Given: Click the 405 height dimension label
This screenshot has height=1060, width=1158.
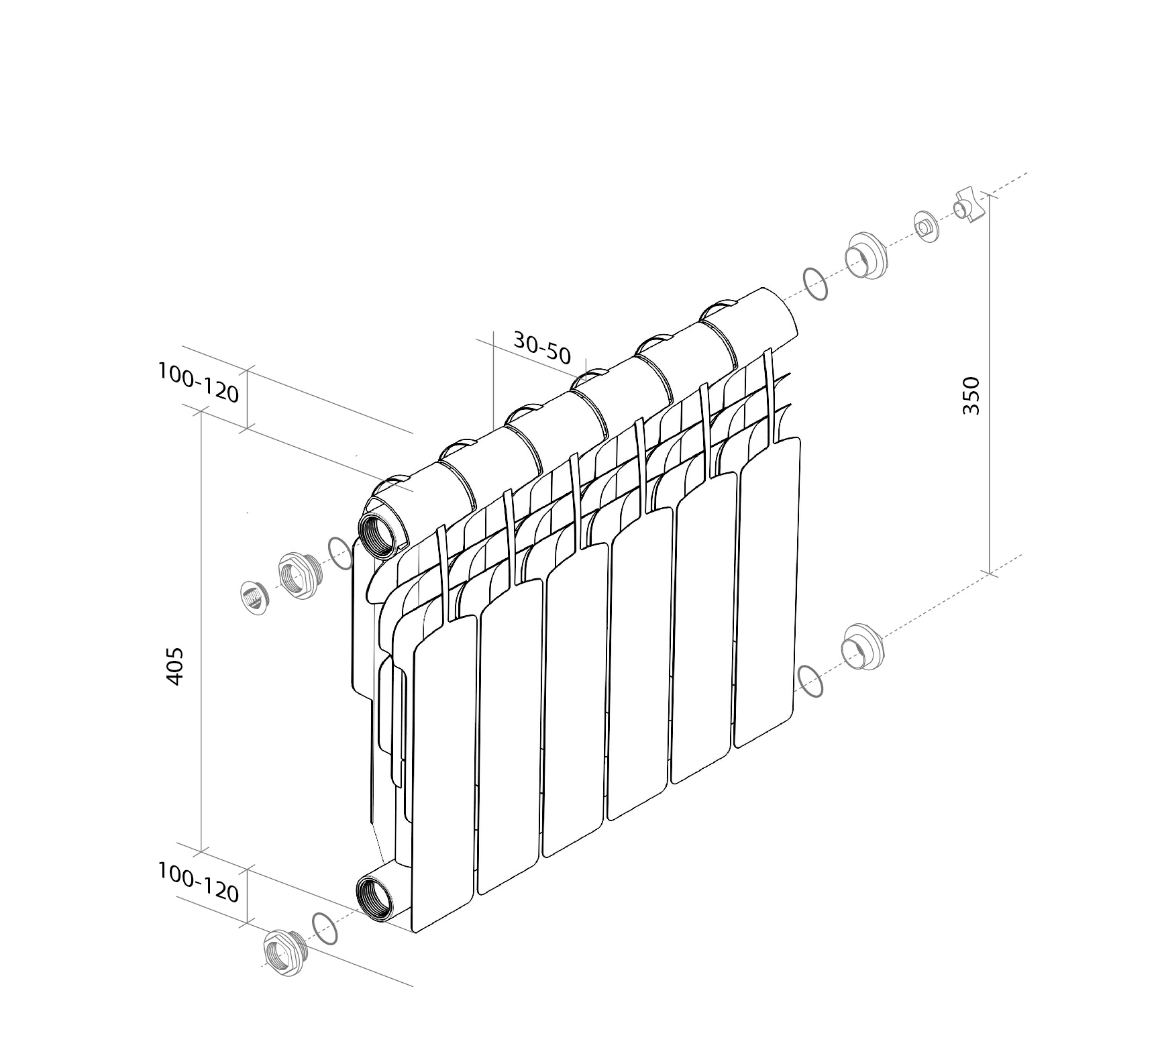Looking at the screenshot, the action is (x=174, y=666).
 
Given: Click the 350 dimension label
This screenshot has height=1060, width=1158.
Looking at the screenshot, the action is (x=971, y=395).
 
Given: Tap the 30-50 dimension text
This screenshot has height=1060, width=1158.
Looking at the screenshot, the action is (x=542, y=346).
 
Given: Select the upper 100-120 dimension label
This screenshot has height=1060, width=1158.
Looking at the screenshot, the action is (x=199, y=382).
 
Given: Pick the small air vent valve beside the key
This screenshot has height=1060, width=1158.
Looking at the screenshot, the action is (x=927, y=227).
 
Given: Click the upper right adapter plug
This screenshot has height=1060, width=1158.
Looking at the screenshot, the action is (x=867, y=256).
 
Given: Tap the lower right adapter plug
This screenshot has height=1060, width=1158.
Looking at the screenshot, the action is (x=863, y=647).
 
